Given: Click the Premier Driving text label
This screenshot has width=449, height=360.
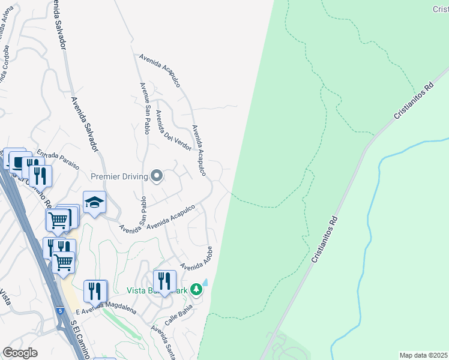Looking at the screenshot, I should pos(119,176).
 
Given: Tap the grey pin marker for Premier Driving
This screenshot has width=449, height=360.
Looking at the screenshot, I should pos(157,176).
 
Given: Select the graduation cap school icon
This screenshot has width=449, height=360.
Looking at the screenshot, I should pos(94,203).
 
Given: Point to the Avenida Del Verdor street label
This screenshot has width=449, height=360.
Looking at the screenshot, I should pos(173,131).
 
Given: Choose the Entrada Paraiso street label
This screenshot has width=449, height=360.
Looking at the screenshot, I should pos(58,160).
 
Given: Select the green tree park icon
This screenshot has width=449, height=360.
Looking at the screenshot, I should pos(196,290).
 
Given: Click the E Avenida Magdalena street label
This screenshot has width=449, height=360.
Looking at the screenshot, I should pos(107,308).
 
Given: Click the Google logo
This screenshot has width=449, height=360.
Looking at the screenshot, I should pos(20,353).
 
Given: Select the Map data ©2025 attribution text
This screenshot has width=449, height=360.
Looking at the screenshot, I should pos(423,355).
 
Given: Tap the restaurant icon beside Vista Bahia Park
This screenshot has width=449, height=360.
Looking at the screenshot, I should pos(164,280).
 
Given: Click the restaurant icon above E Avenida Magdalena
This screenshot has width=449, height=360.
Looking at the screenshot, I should pos(95,290).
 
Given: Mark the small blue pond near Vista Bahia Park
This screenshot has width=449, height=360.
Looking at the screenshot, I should pos(205,282).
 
